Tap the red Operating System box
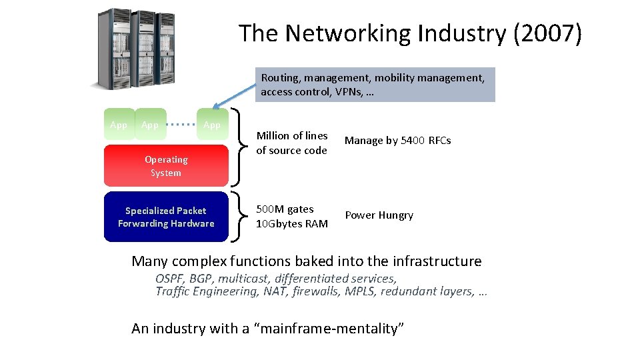tap(166, 166)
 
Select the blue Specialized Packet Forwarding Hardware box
tap(166, 217)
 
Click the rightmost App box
tap(212, 125)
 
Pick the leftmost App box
tap(119, 125)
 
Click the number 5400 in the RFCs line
tap(413, 141)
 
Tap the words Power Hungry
tap(379, 215)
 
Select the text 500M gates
tap(285, 209)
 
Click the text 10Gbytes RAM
tap(292, 224)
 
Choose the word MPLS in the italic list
tap(360, 291)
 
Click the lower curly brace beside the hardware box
tap(238, 217)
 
